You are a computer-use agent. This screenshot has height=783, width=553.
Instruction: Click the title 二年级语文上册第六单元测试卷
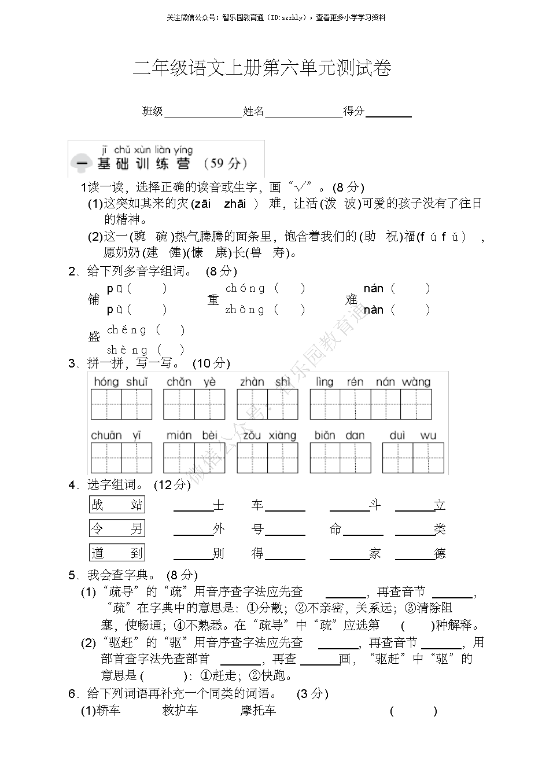pos(262,69)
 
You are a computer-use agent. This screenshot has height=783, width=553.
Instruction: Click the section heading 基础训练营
pos(143,164)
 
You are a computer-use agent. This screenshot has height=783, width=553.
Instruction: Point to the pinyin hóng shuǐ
pos(121,382)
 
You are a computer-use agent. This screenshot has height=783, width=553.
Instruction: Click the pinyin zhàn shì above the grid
pos(266,382)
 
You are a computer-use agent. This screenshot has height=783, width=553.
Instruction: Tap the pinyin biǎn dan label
pos(340,435)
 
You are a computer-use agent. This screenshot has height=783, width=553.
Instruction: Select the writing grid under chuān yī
pos(121,458)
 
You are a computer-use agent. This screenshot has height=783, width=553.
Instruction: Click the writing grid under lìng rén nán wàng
pos(371,404)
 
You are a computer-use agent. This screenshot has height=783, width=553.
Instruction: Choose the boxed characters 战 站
pos(117,505)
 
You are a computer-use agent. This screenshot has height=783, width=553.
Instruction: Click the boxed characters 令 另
pos(117,528)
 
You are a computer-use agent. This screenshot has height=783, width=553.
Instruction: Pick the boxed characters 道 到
pos(117,553)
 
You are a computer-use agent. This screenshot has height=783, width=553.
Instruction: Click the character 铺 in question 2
pos(94,299)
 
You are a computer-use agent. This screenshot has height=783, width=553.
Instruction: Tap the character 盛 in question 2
pos(94,336)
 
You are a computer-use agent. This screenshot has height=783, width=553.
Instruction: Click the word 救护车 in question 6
pos(180,711)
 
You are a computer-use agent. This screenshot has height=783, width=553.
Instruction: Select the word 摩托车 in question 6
pos(258,711)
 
